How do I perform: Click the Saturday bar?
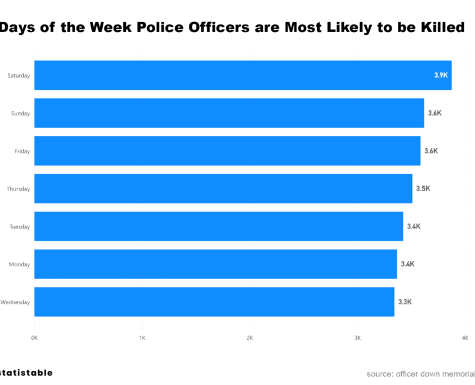[243, 75]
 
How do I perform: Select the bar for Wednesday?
[214, 302]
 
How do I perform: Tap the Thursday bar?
[223, 189]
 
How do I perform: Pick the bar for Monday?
[215, 264]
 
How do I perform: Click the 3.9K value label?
[441, 75]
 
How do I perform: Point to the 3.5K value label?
[423, 189]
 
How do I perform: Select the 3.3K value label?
[405, 302]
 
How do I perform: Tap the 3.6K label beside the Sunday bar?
[435, 113]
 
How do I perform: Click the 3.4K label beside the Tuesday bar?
[414, 227]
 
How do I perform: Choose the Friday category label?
[21, 151]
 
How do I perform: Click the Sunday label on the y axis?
[20, 113]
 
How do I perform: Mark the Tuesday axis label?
[20, 227]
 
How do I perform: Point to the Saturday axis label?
[19, 75]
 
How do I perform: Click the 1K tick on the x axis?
[142, 338]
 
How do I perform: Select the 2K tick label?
[250, 338]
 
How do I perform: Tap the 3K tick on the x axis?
[358, 338]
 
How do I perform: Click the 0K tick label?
[35, 338]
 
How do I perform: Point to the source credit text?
[420, 373]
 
